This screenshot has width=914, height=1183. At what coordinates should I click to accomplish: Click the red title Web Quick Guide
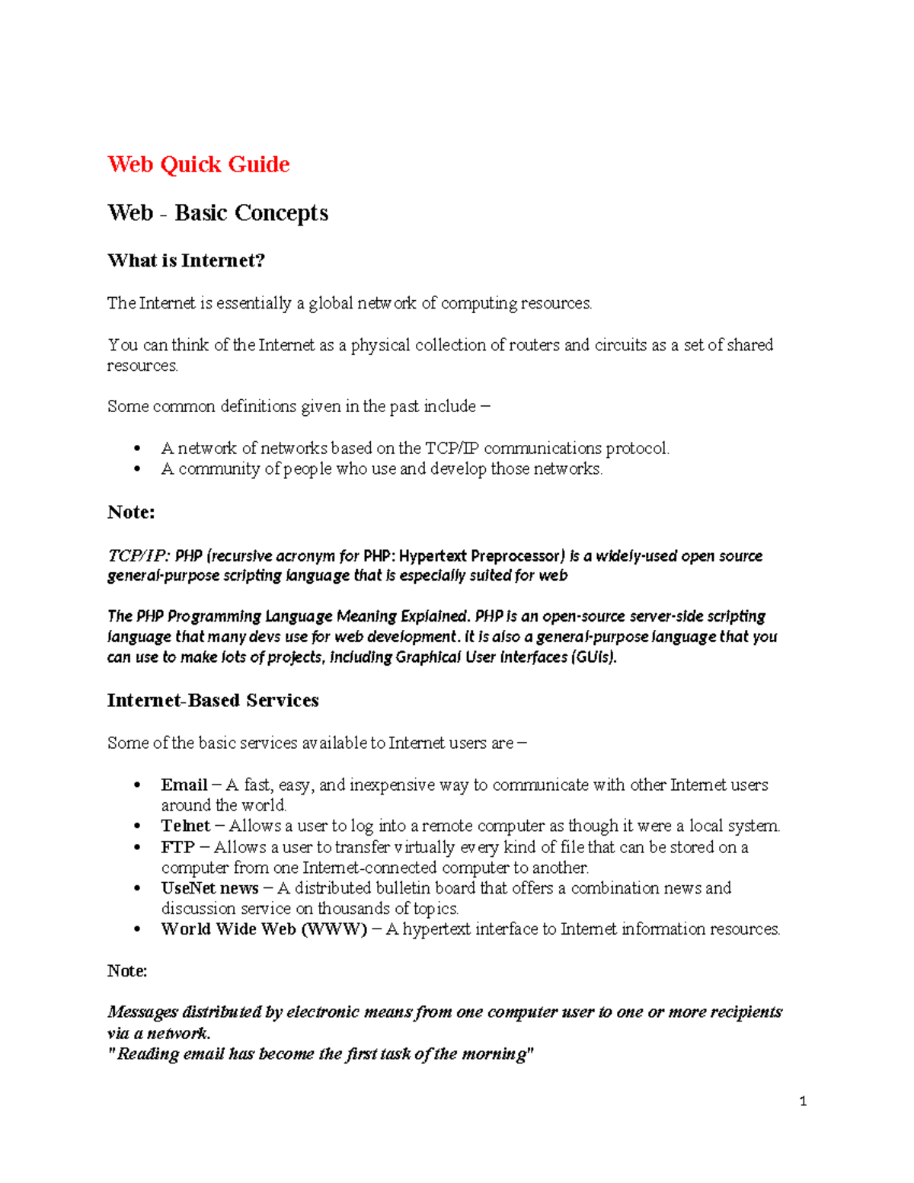(198, 165)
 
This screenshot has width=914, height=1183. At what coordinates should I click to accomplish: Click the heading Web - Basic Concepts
(218, 213)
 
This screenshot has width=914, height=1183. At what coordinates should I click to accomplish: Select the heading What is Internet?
(186, 261)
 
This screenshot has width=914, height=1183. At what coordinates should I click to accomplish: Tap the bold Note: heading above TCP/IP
(131, 512)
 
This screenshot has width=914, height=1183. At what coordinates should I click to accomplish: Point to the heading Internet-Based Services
(213, 700)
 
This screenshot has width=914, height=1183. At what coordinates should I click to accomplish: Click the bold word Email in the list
(184, 785)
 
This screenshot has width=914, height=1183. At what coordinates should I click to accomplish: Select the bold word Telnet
(185, 826)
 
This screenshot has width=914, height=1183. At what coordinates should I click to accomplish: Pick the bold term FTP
(177, 847)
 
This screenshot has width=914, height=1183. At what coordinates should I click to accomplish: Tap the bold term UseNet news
(209, 888)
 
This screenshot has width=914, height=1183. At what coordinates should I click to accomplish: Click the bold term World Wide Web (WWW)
(264, 929)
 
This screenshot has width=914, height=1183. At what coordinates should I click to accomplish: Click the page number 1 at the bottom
(803, 1101)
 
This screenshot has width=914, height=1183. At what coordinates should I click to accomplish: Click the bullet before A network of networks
(137, 449)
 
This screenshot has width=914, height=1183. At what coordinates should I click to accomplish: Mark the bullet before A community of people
(137, 469)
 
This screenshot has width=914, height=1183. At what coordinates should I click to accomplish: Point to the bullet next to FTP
(137, 848)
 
